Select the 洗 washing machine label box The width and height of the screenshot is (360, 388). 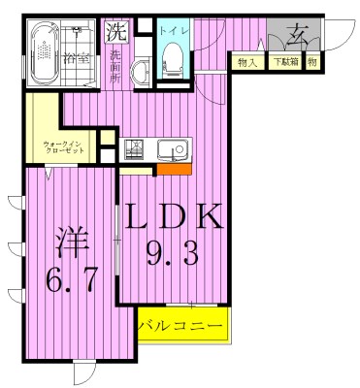pyautogui.click(x=115, y=30)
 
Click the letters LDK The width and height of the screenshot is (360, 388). pyautogui.click(x=175, y=216)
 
